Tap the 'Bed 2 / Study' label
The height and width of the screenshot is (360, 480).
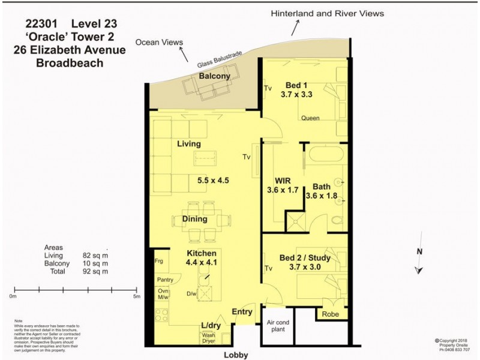(305, 258)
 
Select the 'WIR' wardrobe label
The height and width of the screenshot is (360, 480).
(283, 181)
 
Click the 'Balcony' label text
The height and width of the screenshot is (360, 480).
(214, 76)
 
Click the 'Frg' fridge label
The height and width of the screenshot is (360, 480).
(158, 262)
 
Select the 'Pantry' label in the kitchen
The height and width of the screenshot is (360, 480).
(165, 280)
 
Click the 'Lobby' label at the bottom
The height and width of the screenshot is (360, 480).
(236, 354)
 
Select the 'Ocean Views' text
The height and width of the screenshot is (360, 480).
(159, 42)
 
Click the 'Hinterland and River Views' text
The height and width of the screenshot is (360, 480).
(327, 13)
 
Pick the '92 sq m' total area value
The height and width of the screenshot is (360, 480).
(95, 271)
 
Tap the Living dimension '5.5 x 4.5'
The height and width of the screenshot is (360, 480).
(213, 180)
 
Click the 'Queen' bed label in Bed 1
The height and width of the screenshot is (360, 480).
(310, 118)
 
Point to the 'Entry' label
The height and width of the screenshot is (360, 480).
(242, 311)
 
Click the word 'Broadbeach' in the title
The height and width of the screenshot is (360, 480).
(70, 63)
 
